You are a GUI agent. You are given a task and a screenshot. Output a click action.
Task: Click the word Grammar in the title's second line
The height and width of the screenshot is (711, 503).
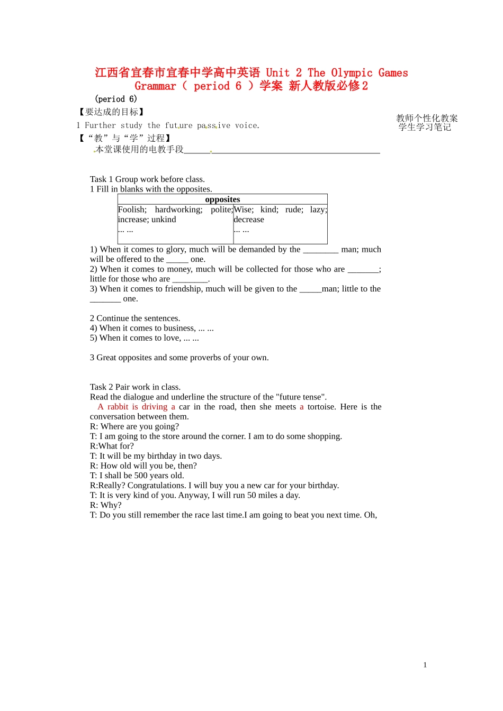tap(155, 86)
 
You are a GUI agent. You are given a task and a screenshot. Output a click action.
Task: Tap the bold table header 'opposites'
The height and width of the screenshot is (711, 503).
tap(222, 199)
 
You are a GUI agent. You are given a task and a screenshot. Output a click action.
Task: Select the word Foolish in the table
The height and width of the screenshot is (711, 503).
tap(131, 209)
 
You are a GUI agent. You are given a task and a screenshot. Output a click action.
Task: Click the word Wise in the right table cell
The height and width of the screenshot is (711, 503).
tap(243, 209)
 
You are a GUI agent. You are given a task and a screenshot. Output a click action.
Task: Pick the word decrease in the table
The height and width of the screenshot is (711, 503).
tap(249, 220)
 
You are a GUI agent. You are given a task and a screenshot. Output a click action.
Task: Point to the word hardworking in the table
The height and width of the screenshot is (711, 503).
tap(178, 209)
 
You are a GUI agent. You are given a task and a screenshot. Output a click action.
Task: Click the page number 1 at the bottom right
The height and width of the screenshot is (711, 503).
tap(425, 665)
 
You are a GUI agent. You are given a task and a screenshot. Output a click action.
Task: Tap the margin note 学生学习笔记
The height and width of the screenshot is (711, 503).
tap(425, 127)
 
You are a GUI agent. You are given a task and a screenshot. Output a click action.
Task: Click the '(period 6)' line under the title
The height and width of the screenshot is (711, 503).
tap(116, 99)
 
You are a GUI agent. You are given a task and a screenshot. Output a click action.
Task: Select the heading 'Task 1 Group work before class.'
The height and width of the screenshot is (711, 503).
tap(147, 179)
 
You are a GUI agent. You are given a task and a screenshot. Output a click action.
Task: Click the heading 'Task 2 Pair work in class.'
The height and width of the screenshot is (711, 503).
tap(135, 387)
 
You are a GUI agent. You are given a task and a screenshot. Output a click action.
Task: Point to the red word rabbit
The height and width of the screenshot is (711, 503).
tap(118, 407)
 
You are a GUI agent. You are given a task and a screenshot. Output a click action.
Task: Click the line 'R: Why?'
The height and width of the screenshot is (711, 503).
tap(105, 505)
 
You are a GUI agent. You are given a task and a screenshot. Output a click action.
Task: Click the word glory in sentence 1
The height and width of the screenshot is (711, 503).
tap(175, 250)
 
